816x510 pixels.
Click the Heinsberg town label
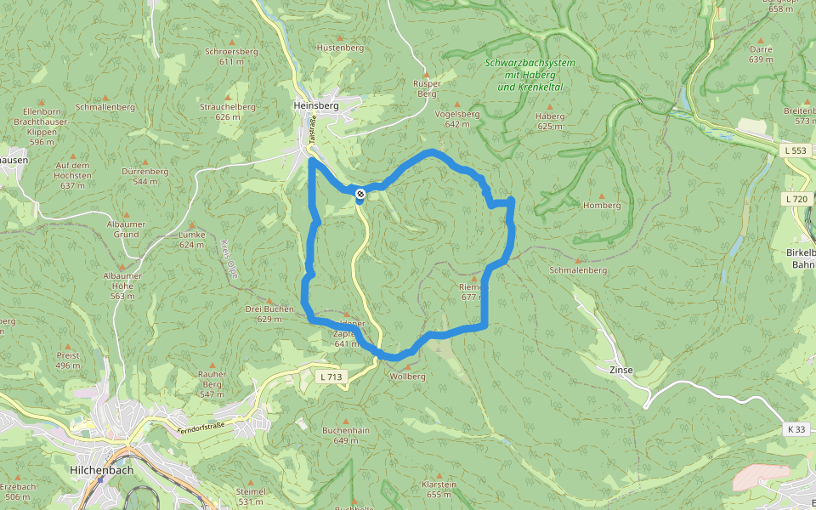click(315, 105)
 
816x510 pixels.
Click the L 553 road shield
click(795, 150)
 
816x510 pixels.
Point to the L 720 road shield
click(796, 199)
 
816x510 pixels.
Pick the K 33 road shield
click(796, 429)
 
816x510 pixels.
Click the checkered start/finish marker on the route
click(361, 195)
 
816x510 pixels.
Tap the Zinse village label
click(621, 371)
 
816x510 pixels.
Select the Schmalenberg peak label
click(578, 269)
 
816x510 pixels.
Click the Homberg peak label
click(602, 205)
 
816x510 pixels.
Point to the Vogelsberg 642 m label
click(456, 118)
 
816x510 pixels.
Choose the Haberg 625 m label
click(550, 121)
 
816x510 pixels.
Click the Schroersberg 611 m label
click(231, 56)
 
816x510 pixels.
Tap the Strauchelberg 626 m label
click(228, 111)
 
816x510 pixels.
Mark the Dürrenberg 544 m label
click(145, 176)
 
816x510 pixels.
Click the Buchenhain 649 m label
click(345, 435)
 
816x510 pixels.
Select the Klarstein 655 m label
click(439, 489)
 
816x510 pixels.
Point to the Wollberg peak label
click(407, 376)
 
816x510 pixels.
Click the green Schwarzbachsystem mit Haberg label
click(530, 75)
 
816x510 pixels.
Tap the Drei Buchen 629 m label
click(269, 313)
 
